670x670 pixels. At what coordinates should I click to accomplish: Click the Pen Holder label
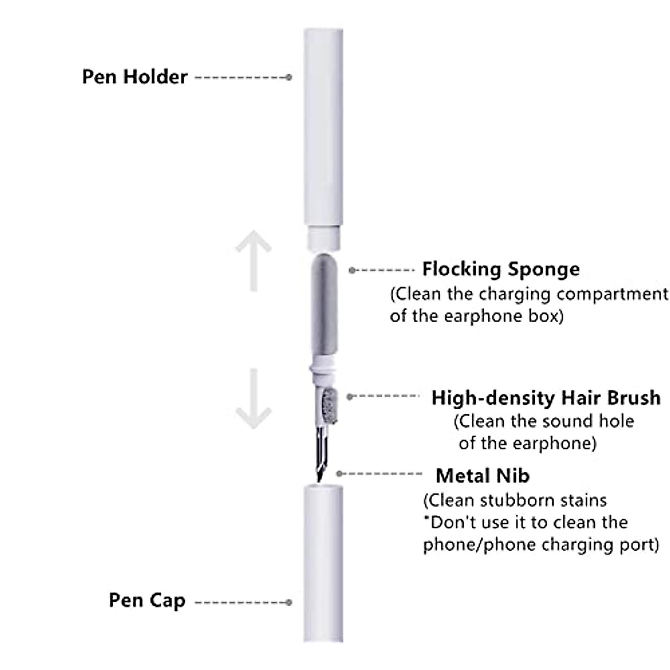pos(135,76)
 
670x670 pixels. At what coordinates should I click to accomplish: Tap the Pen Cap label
pos(147,601)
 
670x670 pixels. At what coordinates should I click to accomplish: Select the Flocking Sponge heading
pos(501,269)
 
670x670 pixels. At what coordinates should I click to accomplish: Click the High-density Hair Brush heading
pos(545,398)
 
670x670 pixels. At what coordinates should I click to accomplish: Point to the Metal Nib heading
pos(482,476)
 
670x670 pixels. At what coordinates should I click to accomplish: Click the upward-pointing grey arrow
pos(253,260)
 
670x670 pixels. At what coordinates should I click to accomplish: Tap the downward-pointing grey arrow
pos(253,399)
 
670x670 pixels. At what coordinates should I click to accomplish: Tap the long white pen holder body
pos(323,128)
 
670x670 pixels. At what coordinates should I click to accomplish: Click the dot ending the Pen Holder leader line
pos(289,77)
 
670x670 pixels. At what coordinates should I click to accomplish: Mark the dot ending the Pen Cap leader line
pos(289,602)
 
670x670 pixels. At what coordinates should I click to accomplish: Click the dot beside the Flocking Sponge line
pos(352,270)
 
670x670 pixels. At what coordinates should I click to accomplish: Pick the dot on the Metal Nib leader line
pos(339,473)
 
